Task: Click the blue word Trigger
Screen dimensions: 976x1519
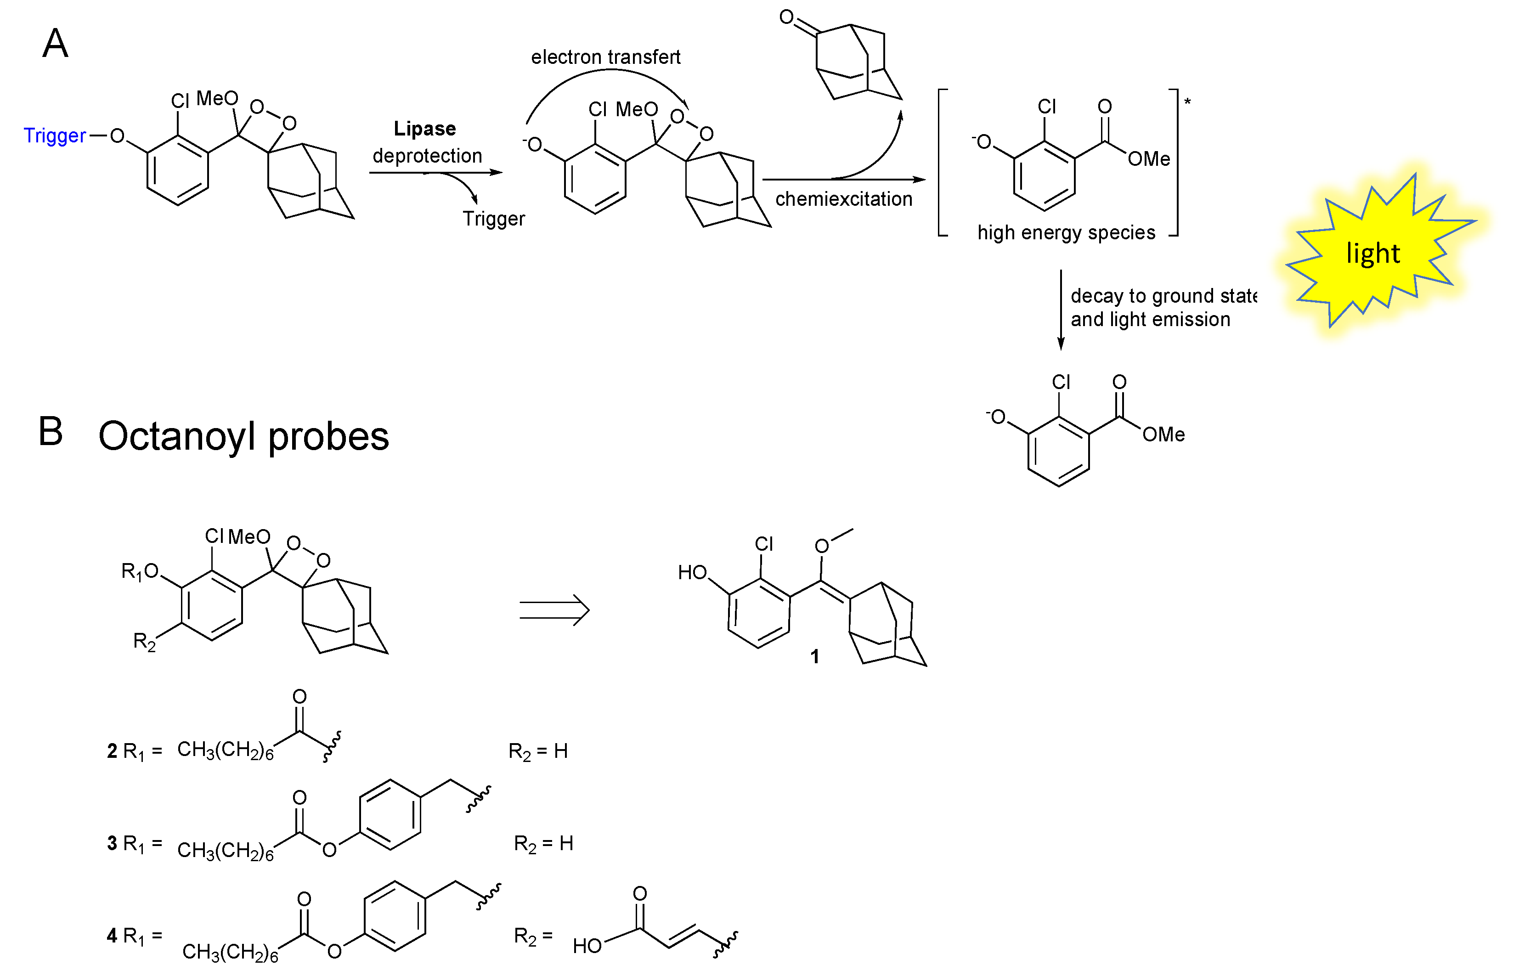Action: (x=55, y=135)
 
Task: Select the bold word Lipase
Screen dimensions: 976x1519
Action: (x=424, y=129)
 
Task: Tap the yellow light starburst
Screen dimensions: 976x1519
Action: (x=1375, y=254)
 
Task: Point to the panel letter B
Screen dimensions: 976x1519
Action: (x=51, y=432)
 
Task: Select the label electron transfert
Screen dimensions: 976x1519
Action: (x=605, y=57)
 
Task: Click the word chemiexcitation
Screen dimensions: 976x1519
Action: (x=843, y=199)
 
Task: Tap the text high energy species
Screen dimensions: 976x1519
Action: (x=1066, y=232)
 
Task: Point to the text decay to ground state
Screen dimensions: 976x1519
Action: (x=1163, y=296)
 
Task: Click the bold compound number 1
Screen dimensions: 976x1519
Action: (x=815, y=657)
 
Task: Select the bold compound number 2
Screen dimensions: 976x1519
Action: (x=112, y=751)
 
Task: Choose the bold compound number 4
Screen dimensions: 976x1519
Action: (x=112, y=936)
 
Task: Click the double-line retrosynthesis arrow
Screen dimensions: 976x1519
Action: (x=554, y=610)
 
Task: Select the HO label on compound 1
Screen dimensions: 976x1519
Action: (x=692, y=573)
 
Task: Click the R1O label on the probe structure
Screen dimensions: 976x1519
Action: (x=140, y=572)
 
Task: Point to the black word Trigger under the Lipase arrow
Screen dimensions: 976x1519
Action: (x=494, y=219)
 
